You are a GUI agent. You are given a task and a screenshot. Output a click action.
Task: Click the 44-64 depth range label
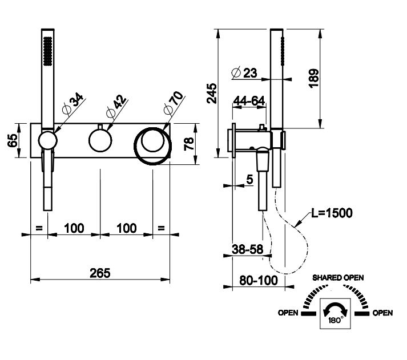click(x=249, y=101)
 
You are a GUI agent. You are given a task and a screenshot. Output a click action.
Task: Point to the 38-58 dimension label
click(x=248, y=249)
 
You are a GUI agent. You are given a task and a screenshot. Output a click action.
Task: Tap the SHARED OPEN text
click(x=337, y=277)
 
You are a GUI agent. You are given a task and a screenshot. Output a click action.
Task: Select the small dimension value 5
click(x=249, y=179)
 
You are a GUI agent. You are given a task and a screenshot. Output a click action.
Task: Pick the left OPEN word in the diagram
click(x=289, y=313)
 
